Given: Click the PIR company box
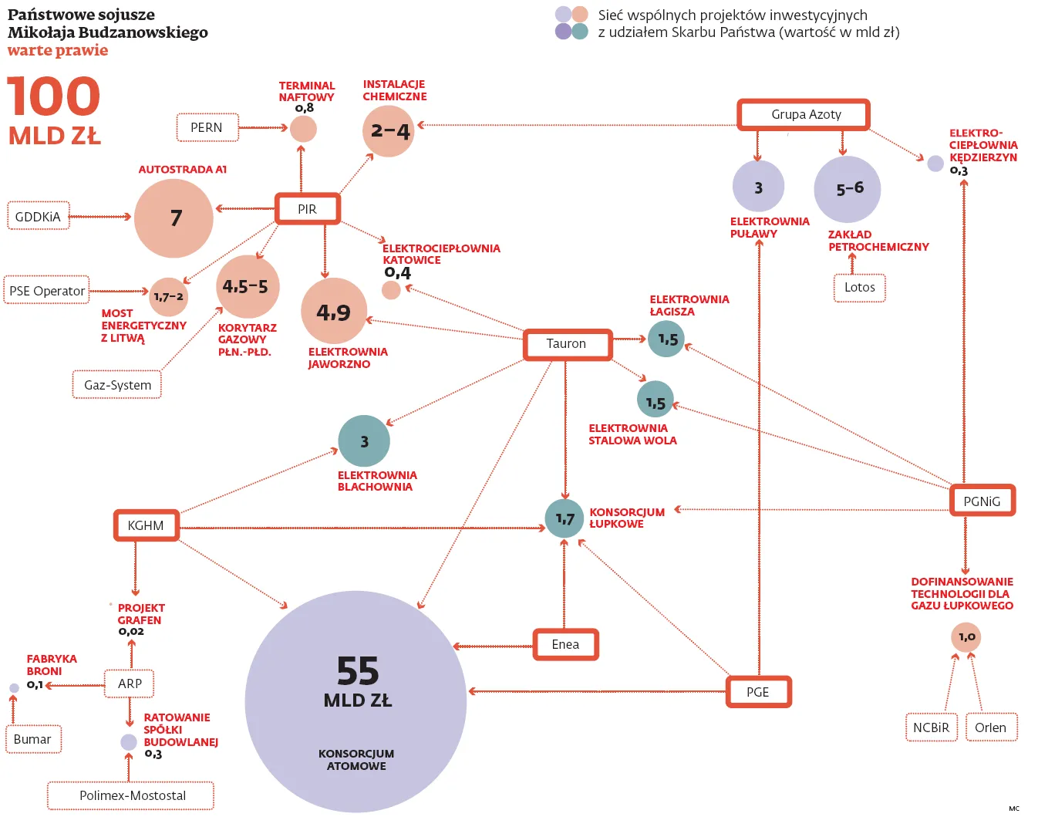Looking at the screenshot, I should click(307, 209).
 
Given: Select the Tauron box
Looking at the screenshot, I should click(567, 344).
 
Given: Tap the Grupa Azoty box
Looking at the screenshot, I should click(804, 114).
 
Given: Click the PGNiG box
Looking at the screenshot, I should click(982, 501).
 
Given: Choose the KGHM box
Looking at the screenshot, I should click(146, 525).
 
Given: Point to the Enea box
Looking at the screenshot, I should click(565, 644).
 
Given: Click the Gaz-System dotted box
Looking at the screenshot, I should click(117, 385).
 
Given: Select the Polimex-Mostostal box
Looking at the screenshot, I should click(131, 795).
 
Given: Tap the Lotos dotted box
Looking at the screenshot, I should click(859, 288).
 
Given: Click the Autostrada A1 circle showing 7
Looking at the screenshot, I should click(174, 218).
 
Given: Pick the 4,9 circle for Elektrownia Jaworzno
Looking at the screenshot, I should click(333, 312).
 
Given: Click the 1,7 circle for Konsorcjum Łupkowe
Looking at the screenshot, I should click(564, 518).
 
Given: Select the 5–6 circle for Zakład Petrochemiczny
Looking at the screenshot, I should click(848, 189).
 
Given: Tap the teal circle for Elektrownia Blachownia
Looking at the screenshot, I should click(364, 441).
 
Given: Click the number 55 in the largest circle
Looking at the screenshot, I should click(358, 671).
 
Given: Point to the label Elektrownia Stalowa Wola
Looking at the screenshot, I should click(632, 434).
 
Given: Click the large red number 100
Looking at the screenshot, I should click(54, 97).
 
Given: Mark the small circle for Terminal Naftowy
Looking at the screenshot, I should click(303, 129).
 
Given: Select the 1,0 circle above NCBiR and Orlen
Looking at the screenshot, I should click(966, 637).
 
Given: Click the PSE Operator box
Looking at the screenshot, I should click(46, 291).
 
